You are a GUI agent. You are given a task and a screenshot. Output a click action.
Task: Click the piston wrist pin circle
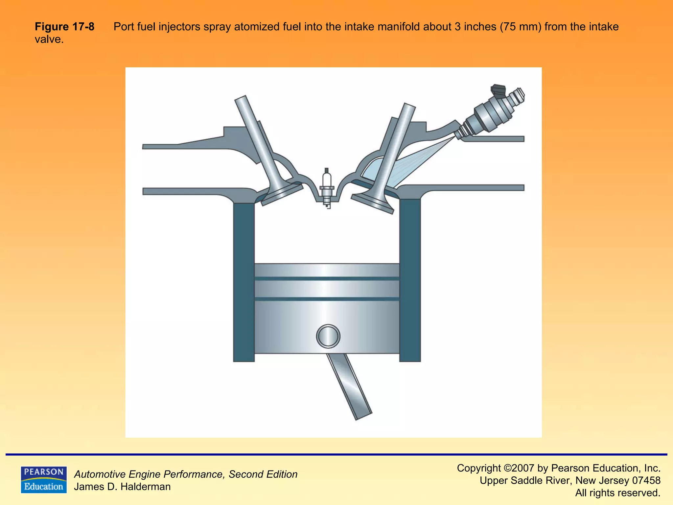[328, 336]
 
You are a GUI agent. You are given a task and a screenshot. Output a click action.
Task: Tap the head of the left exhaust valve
[282, 195]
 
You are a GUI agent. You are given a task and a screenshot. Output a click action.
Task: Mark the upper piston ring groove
[327, 278]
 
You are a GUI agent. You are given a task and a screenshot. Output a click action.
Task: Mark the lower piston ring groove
[327, 299]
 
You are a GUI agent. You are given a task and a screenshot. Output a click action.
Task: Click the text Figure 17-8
[64, 27]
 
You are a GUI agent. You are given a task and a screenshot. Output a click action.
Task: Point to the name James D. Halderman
[122, 487]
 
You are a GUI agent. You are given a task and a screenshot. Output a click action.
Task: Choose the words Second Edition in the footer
[263, 474]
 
